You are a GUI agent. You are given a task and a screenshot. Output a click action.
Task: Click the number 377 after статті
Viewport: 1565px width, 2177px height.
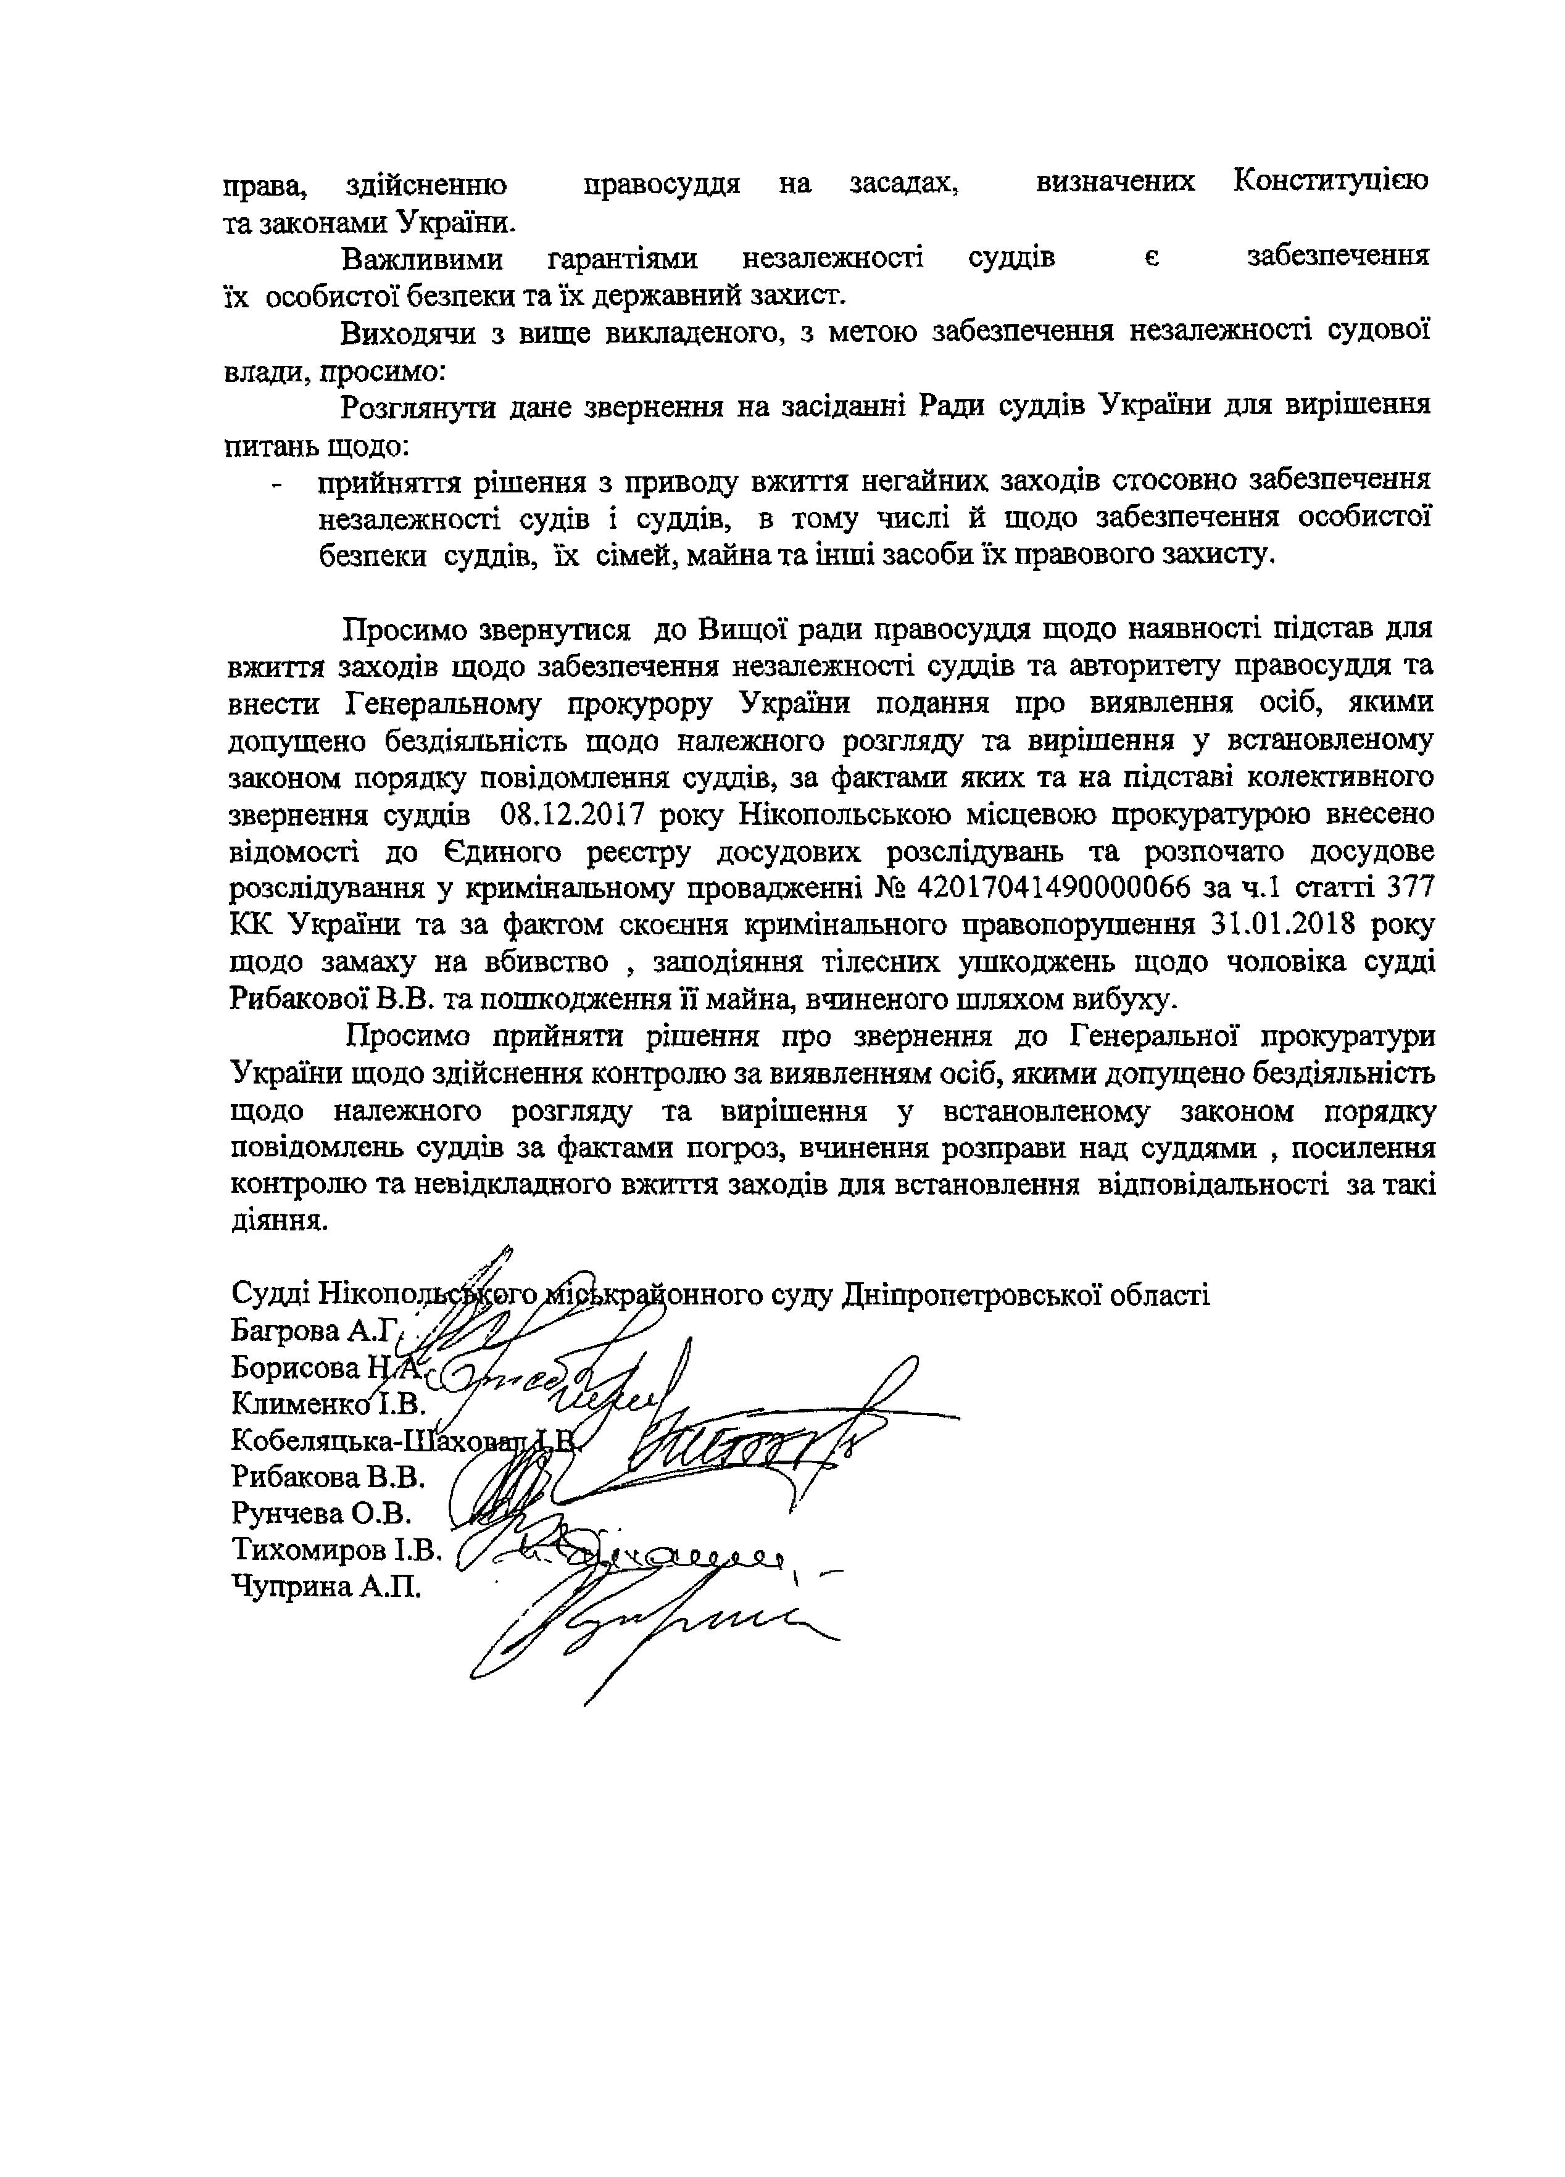(x=1404, y=889)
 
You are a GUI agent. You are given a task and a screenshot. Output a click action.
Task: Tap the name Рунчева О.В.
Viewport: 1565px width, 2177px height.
(x=321, y=1514)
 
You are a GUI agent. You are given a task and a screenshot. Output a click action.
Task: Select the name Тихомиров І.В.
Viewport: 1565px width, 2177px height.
(x=336, y=1550)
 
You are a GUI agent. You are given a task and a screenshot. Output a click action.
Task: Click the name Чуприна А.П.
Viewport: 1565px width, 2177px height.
(x=325, y=1586)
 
